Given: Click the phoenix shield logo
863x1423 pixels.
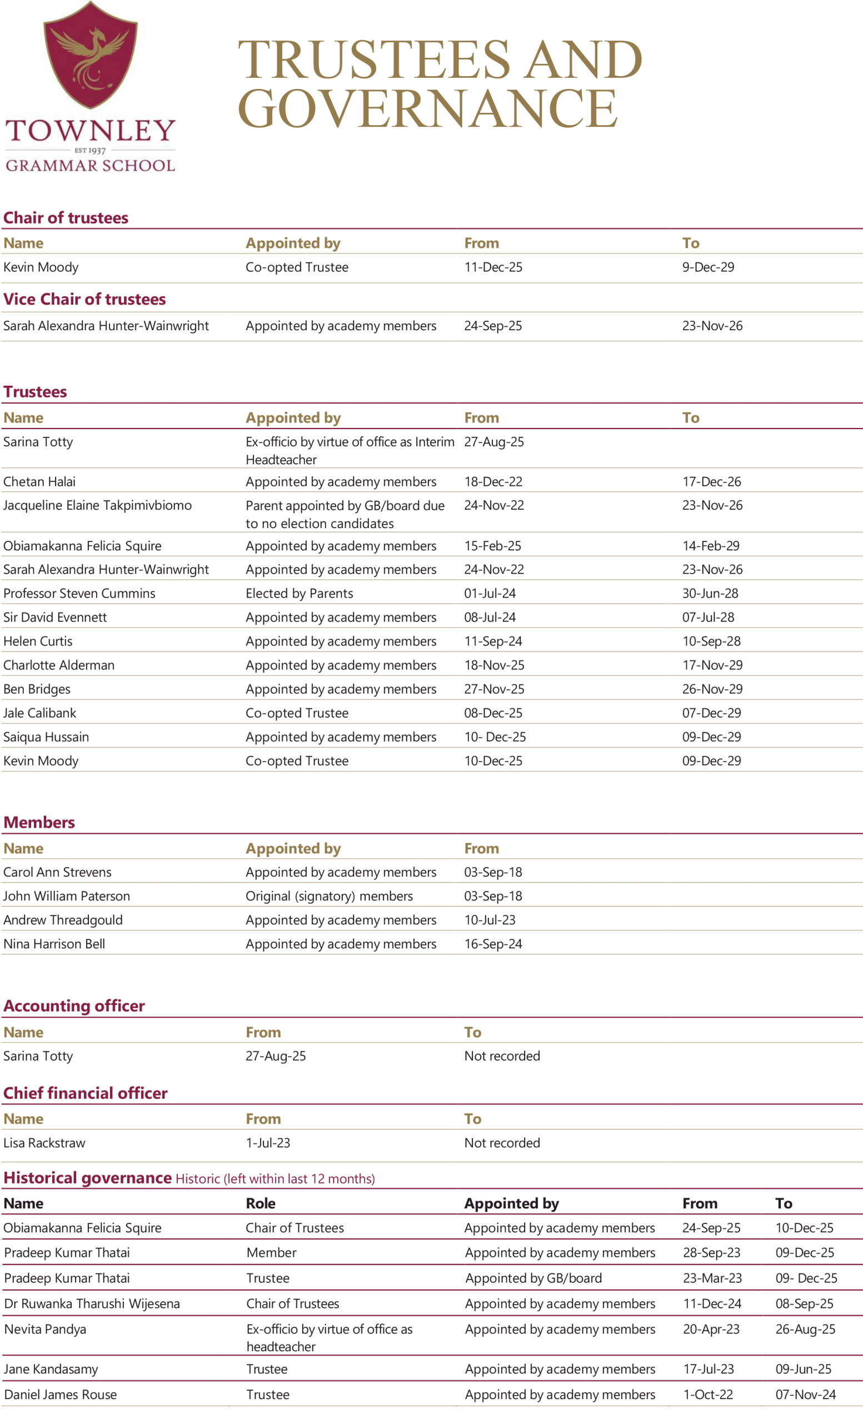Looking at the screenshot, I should coord(91,55).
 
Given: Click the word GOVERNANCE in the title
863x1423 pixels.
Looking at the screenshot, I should coord(427,109).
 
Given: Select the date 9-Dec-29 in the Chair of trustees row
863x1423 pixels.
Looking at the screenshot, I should coord(708,267).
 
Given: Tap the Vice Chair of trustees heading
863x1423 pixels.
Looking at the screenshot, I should coord(84,299).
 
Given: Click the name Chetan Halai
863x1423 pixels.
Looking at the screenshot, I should coord(39,481).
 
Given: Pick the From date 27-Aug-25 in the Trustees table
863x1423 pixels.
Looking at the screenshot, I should coord(493,442).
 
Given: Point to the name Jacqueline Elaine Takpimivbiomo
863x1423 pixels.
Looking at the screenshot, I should coord(97,505).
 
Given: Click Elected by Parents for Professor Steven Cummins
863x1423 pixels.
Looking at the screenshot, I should coord(299,593).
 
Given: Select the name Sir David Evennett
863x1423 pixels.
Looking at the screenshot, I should coord(55,617).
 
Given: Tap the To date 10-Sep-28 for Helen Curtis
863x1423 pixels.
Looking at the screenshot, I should coord(711,641).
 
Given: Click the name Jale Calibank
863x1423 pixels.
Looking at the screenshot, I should coord(39,713).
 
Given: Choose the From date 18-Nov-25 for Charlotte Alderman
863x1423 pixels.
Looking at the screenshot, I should coord(493,665).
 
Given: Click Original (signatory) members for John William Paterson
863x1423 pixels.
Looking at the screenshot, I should coord(329,895).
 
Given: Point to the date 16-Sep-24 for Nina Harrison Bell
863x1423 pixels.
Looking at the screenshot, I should coord(493,944).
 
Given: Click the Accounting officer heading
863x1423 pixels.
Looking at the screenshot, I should coord(74,1006).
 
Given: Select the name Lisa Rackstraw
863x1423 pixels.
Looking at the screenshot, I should coord(44,1143).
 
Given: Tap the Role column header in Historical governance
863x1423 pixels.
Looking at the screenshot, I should coord(260,1203).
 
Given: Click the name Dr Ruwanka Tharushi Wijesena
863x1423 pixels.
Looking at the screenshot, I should coord(92,1303).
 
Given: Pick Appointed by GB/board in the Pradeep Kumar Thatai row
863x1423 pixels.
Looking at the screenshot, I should coord(533,1278).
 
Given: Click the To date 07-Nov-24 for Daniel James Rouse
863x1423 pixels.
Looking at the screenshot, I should coord(805,1394).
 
